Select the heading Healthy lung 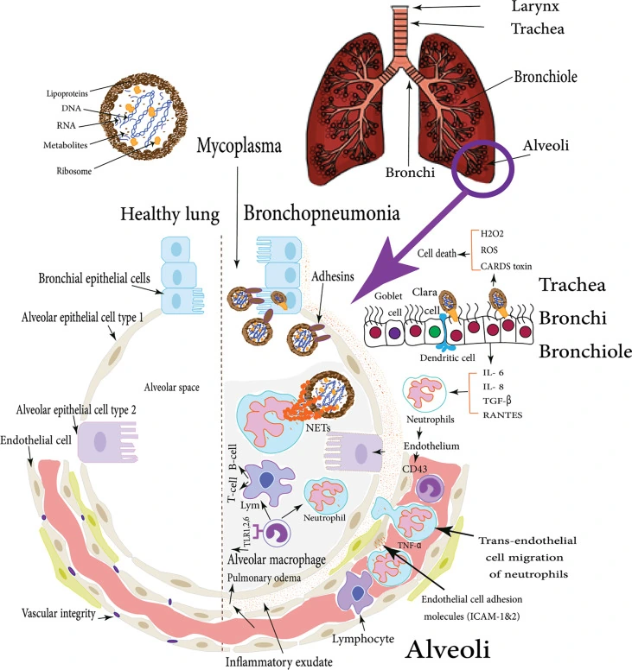(x=169, y=213)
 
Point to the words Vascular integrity (x=51, y=613)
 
